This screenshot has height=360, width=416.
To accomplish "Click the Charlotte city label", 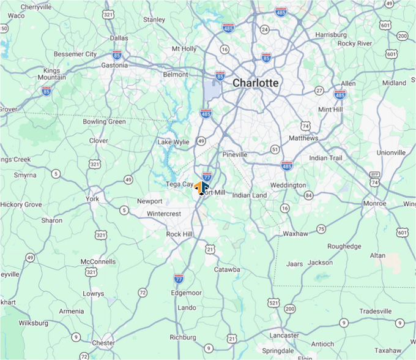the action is tap(255, 83).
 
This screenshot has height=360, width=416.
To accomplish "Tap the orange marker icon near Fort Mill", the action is tap(201, 187).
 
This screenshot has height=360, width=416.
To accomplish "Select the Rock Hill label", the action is tap(179, 234).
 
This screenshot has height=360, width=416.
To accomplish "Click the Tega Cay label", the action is tap(179, 184).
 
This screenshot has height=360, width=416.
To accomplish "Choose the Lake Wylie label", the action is tap(173, 142).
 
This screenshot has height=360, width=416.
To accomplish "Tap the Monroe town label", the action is tap(374, 203).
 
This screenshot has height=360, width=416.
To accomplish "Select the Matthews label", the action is tap(303, 138).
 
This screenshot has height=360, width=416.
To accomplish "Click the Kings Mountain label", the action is tap(52, 74).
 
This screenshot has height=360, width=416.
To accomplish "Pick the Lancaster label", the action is tap(284, 335).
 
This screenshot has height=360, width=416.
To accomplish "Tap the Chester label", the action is tap(103, 343).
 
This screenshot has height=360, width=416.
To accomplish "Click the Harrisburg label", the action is tap(331, 35).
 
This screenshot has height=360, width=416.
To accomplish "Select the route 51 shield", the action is tap(275, 149).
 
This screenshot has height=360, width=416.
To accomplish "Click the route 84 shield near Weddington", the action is tap(309, 195).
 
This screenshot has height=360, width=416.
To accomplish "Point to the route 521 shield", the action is tap(273, 302).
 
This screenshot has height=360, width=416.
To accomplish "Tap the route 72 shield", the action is tap(143, 293).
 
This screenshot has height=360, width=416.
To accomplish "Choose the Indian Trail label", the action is tap(326, 158).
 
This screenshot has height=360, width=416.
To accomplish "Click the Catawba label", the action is tap(227, 269).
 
